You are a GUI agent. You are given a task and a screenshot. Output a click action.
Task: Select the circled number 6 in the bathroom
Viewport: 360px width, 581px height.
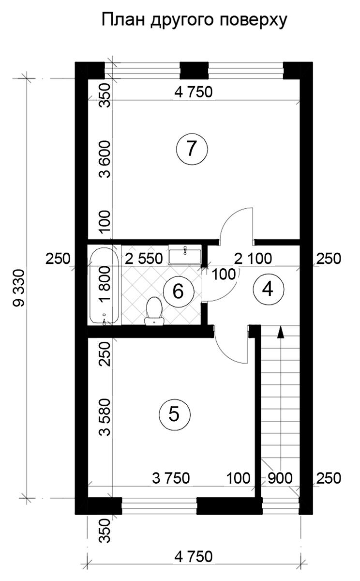tap(179, 291)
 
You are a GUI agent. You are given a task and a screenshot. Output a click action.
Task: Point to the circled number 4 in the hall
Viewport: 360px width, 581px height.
tap(268, 289)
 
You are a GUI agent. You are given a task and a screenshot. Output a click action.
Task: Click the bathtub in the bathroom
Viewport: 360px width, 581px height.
tap(105, 285)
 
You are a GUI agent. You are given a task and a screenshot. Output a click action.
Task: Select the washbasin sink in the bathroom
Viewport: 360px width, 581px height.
tap(185, 255)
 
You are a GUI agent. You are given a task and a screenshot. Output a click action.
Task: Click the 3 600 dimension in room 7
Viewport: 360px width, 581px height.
tap(105, 159)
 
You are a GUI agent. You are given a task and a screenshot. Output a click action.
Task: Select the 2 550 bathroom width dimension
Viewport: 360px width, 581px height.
tap(144, 259)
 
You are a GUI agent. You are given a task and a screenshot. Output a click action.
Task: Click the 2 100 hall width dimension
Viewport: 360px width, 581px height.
tap(253, 259)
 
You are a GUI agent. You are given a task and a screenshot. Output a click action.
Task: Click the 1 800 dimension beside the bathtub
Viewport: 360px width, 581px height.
tap(105, 284)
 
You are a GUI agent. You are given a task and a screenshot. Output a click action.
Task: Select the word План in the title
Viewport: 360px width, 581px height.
tap(123, 20)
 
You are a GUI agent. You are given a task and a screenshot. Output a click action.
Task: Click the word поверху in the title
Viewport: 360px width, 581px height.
tap(254, 21)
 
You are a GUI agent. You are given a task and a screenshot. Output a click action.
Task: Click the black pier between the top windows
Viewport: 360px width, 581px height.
tap(194, 70)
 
